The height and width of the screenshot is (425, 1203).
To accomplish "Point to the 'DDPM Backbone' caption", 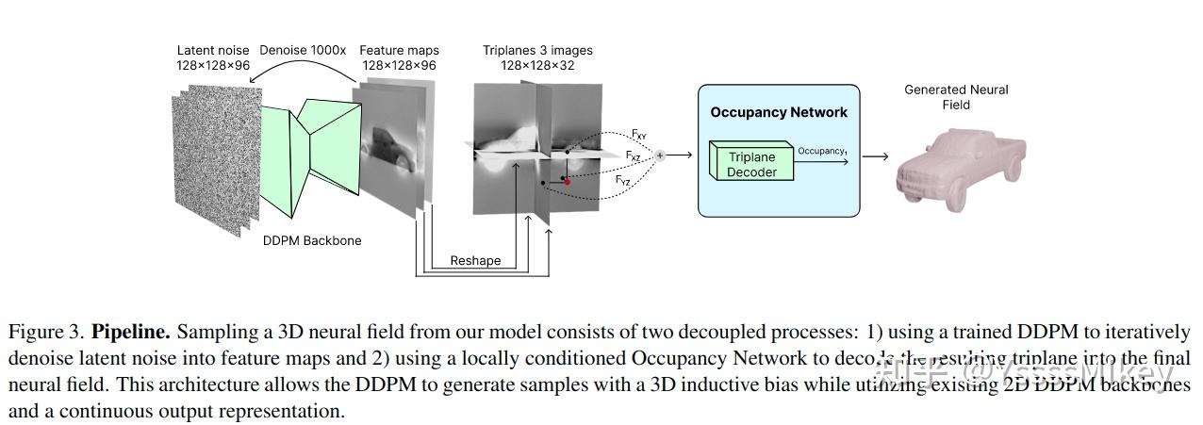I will [312, 240].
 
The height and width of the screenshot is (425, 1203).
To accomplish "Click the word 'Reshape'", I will [475, 260].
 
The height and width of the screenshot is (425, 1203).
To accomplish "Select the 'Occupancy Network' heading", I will [778, 112].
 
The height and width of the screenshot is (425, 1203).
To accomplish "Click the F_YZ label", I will [623, 180].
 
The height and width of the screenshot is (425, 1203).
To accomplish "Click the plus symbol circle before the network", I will [660, 155].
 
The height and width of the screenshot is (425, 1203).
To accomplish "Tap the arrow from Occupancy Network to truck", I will [875, 156].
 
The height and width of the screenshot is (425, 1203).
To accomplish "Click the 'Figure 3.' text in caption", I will [47, 333].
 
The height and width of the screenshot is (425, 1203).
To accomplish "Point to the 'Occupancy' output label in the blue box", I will [821, 150].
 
